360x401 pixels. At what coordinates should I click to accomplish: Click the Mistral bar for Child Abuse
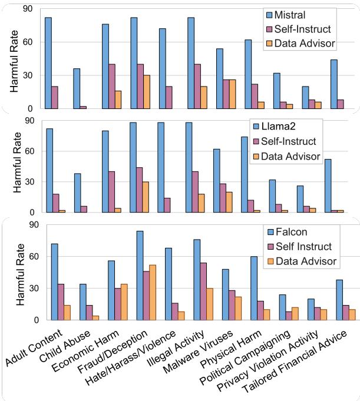tap(77, 88)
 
